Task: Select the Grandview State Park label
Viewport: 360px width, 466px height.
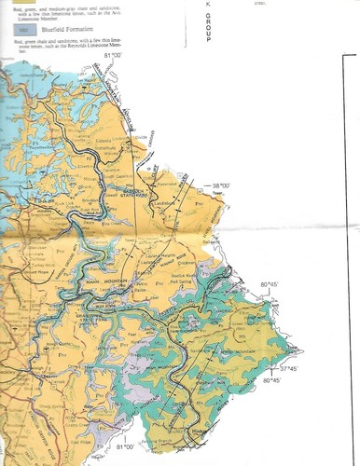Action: [x=91, y=316]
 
